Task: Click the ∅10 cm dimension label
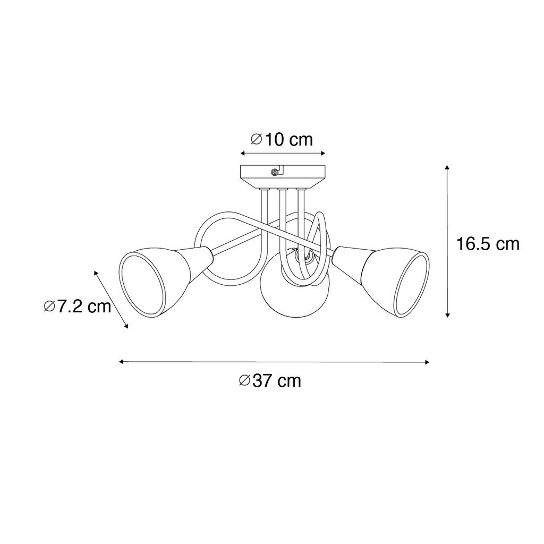282,140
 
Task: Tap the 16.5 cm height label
488,244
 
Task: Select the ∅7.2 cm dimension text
78,307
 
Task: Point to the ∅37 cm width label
270,380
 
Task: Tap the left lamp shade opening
142,285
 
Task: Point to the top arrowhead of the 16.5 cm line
447,167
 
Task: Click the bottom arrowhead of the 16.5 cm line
447,314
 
